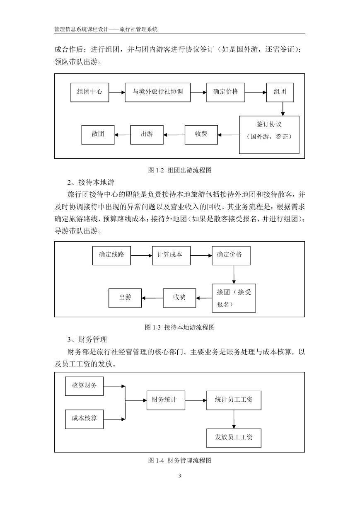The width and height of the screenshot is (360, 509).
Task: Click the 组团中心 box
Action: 90,92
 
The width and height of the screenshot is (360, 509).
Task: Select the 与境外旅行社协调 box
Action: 157,92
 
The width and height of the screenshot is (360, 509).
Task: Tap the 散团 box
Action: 98,135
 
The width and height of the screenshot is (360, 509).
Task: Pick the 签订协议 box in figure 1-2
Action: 269,135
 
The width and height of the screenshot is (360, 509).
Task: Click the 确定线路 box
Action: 111,256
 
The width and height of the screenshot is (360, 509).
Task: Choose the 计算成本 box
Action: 171,256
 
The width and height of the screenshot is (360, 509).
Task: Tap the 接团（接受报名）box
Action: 234,298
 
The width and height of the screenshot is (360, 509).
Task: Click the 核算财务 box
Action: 84,386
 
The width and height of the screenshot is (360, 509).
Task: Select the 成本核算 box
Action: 84,419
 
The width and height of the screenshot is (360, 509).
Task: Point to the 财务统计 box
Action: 166,400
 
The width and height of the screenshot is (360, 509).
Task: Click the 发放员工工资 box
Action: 234,438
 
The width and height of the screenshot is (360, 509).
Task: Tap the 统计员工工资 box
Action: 234,400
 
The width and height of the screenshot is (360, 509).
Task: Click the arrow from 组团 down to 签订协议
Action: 283,109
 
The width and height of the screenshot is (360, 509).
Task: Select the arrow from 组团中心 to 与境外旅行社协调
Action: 117,92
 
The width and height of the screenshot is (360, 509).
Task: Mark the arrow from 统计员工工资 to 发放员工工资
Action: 234,419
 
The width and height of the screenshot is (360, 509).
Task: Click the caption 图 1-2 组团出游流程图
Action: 180,170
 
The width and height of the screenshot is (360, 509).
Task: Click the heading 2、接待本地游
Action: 91,182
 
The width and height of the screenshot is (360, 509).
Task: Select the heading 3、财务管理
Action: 87,339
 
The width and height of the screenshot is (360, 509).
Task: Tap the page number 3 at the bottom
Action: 180,475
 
